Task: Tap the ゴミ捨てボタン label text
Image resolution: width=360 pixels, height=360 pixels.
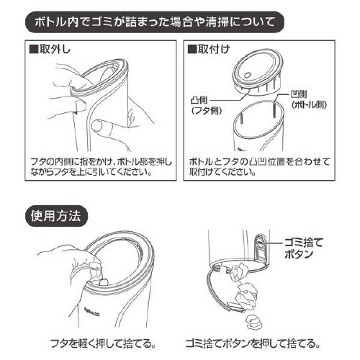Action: pos(302,248)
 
